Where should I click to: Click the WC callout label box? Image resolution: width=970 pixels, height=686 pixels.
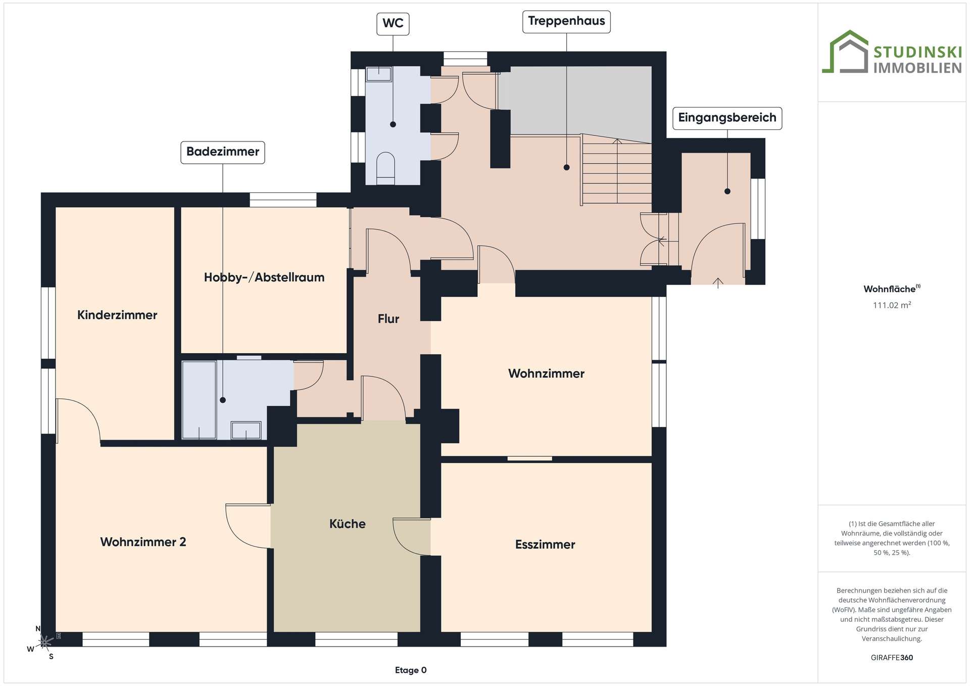pyautogui.click(x=393, y=24)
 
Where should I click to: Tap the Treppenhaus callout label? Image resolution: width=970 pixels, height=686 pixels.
pyautogui.click(x=566, y=22)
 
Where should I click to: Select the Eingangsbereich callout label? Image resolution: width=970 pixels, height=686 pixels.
pyautogui.click(x=727, y=118)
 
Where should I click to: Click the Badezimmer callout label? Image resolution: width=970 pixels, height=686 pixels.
pyautogui.click(x=223, y=152)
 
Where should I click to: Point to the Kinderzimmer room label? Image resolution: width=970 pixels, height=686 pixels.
pyautogui.click(x=117, y=315)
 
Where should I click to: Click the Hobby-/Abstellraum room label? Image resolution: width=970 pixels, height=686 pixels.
pyautogui.click(x=264, y=277)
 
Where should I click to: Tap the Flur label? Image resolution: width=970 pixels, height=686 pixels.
pyautogui.click(x=389, y=319)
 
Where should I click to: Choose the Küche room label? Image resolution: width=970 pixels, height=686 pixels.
pyautogui.click(x=348, y=524)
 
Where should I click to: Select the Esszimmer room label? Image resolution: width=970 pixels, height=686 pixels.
pyautogui.click(x=545, y=545)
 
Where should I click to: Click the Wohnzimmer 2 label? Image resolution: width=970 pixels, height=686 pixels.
pyautogui.click(x=143, y=542)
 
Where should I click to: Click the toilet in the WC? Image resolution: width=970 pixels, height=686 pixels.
pyautogui.click(x=386, y=168)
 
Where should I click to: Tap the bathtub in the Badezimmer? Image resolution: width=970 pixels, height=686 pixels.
pyautogui.click(x=199, y=400)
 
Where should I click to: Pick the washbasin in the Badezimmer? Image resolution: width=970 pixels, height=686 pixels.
pyautogui.click(x=246, y=430)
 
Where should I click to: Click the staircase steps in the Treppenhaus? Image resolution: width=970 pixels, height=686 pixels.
pyautogui.click(x=617, y=172)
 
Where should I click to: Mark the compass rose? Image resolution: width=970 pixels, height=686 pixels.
pyautogui.click(x=45, y=642)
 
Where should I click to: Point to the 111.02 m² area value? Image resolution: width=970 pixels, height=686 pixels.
pyautogui.click(x=892, y=305)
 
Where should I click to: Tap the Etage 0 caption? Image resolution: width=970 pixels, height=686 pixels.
pyautogui.click(x=411, y=670)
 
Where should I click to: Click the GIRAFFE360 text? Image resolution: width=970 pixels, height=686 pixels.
pyautogui.click(x=892, y=658)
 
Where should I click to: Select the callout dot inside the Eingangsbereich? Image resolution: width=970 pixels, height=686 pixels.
pyautogui.click(x=727, y=191)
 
